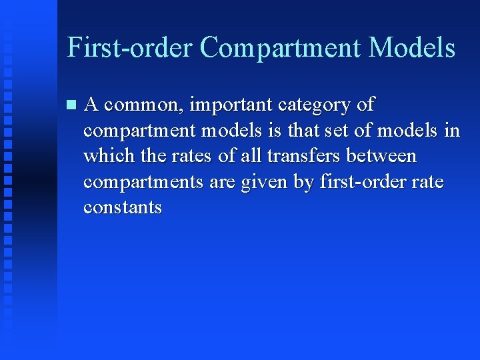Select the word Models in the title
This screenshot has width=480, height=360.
point(412,48)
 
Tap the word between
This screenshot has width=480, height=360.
point(383,157)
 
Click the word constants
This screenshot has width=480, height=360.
point(123,207)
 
